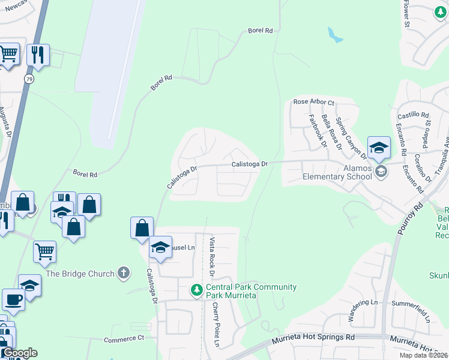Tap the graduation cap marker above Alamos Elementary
[379, 148]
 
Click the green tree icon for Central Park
[196, 290]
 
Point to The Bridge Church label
[80, 274]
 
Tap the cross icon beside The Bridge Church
[123, 274]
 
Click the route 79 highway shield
[29, 79]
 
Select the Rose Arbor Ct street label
[313, 102]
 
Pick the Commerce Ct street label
[124, 339]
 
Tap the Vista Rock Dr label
[212, 257]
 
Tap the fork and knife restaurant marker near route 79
[38, 55]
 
